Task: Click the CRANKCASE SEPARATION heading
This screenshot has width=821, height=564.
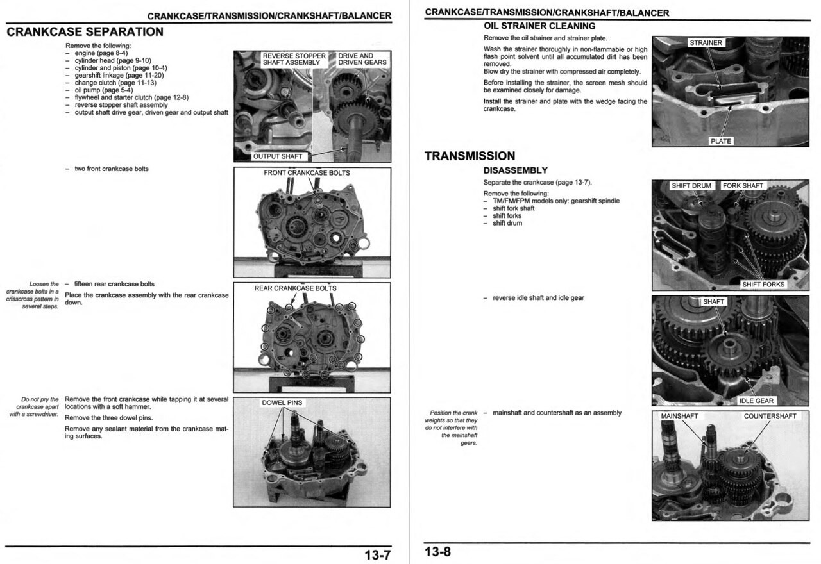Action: [85, 32]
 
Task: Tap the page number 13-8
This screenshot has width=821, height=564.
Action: [437, 552]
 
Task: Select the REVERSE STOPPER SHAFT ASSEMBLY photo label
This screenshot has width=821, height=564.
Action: [294, 59]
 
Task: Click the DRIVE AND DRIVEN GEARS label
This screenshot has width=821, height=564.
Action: [362, 59]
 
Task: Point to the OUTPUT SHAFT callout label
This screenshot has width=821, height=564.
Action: [277, 156]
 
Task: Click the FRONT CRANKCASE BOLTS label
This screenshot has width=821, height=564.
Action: [307, 173]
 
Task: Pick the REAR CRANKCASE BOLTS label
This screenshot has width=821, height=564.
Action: [295, 288]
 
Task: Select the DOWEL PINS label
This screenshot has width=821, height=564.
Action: [282, 403]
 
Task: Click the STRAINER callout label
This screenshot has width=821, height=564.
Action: [706, 43]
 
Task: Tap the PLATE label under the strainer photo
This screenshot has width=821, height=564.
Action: [721, 141]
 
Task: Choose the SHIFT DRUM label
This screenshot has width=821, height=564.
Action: [691, 186]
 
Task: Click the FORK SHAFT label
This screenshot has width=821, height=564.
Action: [743, 186]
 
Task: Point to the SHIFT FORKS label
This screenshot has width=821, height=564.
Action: [763, 285]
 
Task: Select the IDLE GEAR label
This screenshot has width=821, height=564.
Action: [756, 401]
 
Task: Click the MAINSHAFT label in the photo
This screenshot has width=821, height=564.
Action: [679, 417]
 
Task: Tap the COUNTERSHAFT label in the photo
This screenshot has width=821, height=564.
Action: [770, 417]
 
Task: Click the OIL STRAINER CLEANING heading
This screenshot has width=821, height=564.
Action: [539, 26]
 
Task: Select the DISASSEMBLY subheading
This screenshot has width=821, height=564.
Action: [515, 170]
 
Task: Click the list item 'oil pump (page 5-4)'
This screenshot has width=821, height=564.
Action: [104, 90]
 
